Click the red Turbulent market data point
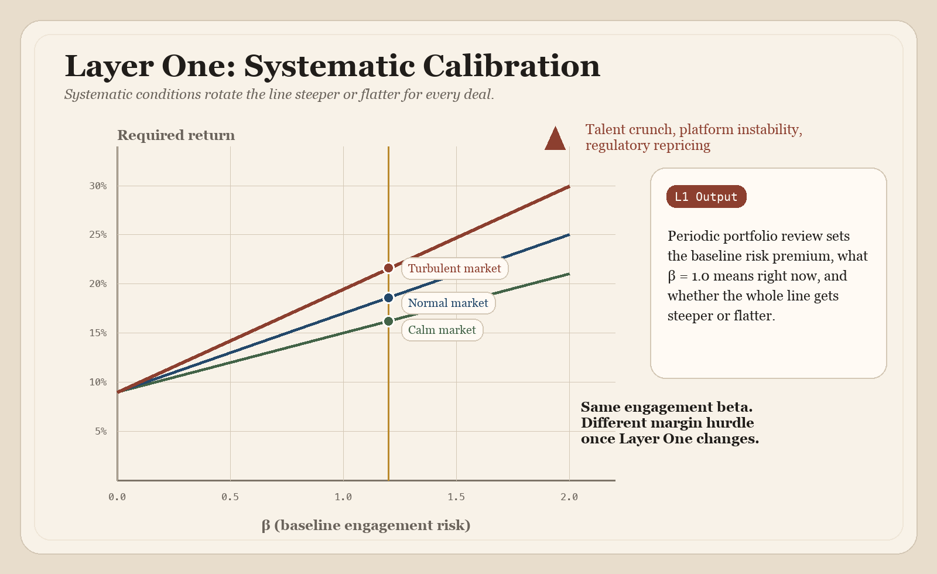coord(388,268)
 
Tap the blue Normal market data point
coord(388,298)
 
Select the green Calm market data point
coord(388,321)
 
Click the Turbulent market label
coord(454,268)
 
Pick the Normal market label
coord(448,303)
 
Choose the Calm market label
coord(442,330)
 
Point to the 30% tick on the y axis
coord(98,186)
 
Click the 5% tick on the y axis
coord(101,431)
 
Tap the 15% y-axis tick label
coord(98,333)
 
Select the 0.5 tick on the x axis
coord(230,497)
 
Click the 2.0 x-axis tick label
coord(569,497)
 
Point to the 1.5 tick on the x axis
coord(456,497)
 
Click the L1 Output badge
coord(706,197)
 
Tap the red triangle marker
coord(555,140)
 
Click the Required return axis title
coord(176,135)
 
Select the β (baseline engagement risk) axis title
coord(366,525)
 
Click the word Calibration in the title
coord(511,66)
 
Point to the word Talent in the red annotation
coord(605,129)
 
